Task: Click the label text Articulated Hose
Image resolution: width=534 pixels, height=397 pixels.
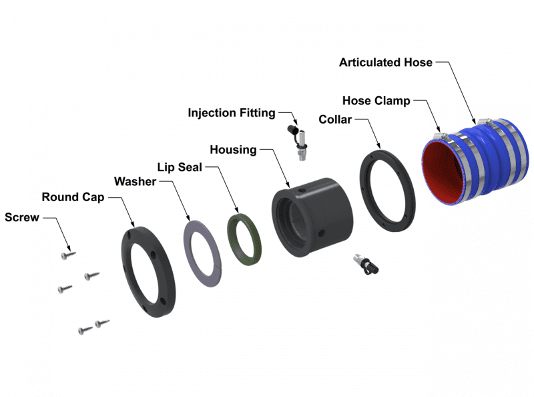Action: [385, 62]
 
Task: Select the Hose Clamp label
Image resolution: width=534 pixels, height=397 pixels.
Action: [376, 101]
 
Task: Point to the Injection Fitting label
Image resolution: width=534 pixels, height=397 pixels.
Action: [231, 113]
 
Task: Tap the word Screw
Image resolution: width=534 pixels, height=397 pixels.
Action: [22, 217]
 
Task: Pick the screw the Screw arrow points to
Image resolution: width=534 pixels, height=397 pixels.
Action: [67, 254]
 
